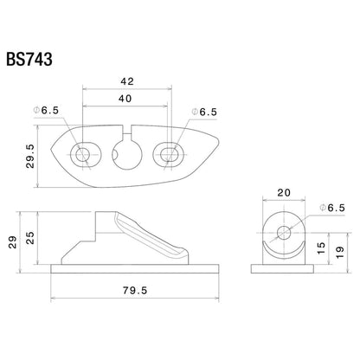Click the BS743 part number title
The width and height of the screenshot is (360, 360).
pos(29,60)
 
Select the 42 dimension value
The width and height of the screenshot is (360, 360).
pos(127,81)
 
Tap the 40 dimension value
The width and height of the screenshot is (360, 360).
pos(125,99)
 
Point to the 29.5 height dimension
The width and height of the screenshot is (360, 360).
pos(29,156)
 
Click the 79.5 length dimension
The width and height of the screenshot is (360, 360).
pos(135,290)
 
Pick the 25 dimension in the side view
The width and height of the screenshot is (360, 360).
pos(30,238)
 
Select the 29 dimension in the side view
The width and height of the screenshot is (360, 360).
pos(12,242)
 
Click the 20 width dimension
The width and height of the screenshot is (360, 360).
pos(284,193)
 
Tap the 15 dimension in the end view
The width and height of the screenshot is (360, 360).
pos(321,247)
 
